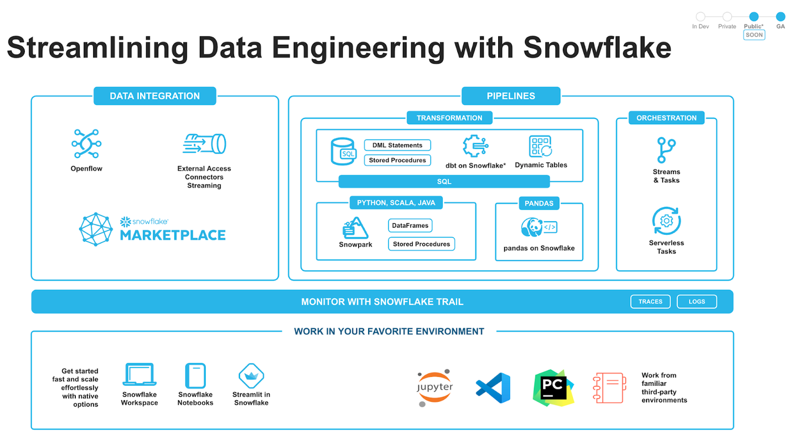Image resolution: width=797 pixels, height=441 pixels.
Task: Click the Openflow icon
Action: [86, 144]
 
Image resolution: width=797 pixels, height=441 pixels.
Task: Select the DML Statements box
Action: [397, 145]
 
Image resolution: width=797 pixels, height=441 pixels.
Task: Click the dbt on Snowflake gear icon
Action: [475, 146]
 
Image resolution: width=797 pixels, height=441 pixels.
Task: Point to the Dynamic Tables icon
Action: [540, 146]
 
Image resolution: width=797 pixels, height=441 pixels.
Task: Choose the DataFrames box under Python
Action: [410, 225]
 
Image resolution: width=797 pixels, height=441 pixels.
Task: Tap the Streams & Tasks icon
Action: [666, 150]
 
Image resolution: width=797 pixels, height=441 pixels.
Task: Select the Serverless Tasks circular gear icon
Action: [666, 221]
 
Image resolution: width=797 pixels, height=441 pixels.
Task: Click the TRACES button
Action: [650, 302]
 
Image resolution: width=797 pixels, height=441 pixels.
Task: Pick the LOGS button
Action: [697, 302]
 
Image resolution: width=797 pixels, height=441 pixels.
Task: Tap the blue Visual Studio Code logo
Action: [493, 387]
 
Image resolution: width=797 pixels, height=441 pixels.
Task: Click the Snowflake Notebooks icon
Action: [195, 376]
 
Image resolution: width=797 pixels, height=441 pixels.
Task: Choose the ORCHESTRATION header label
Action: [666, 118]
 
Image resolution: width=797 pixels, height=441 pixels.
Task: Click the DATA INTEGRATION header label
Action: [154, 96]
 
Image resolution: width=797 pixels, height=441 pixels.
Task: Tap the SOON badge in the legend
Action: [754, 35]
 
